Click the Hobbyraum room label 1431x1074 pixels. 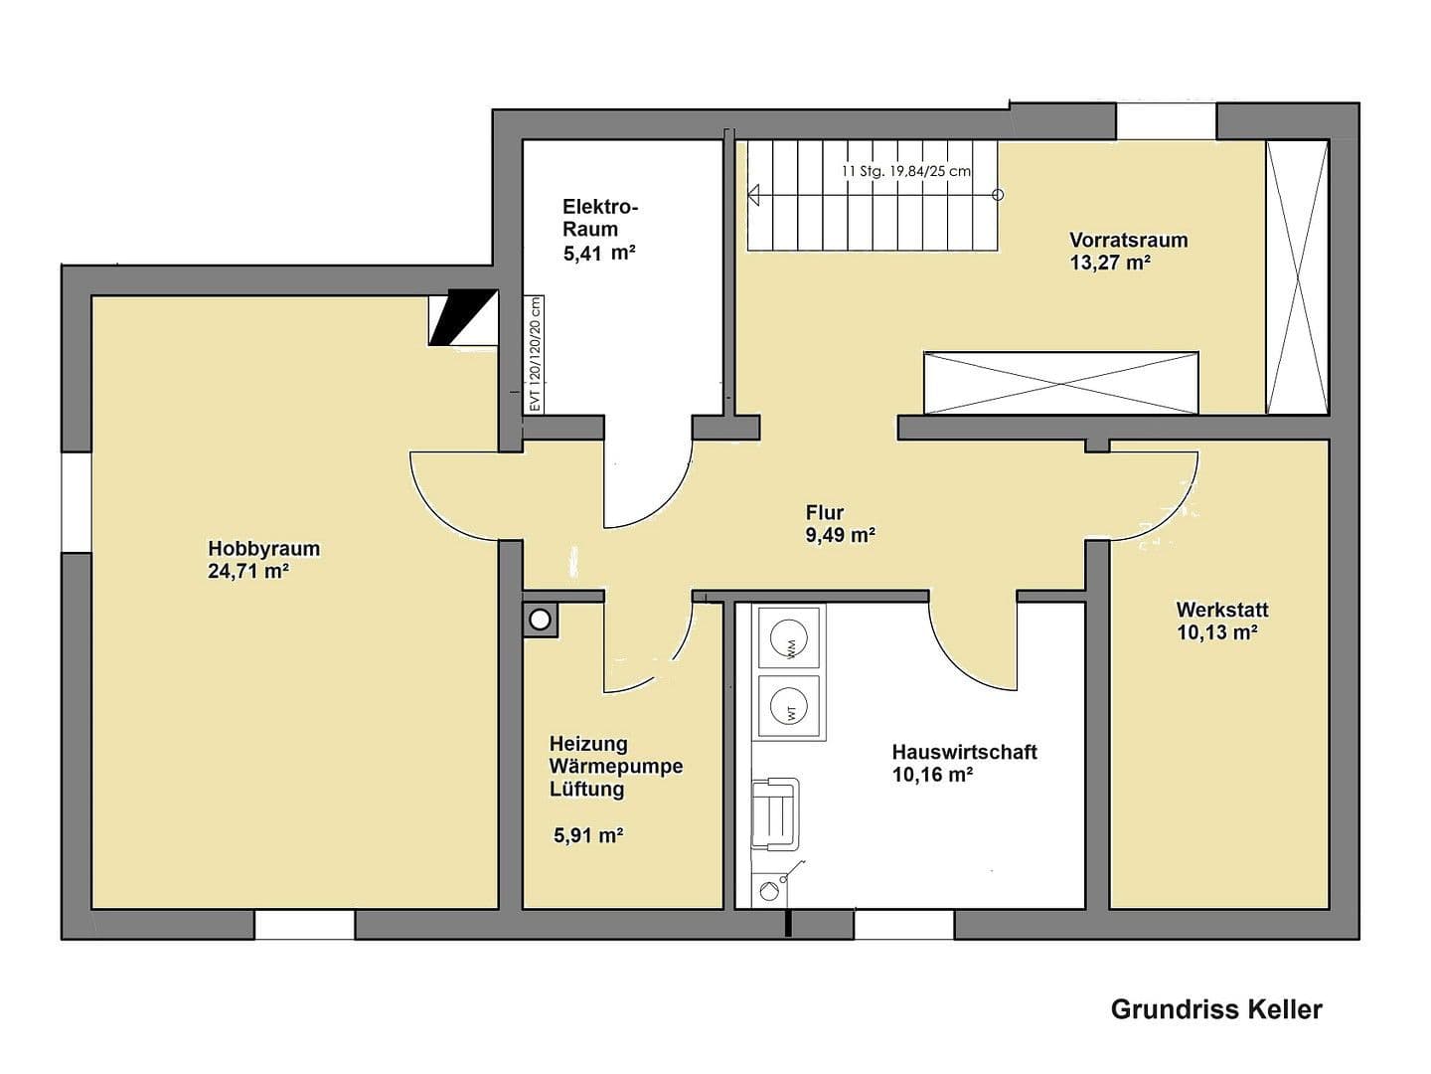(x=263, y=548)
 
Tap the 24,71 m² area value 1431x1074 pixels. (x=248, y=572)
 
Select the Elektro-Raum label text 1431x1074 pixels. (x=599, y=218)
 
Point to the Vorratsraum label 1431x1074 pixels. (x=1128, y=240)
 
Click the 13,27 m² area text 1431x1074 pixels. (x=1110, y=264)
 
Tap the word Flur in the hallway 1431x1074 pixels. (x=824, y=513)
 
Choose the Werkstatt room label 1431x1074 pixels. (x=1221, y=610)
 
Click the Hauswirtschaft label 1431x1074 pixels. (x=964, y=752)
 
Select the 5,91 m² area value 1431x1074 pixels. (x=588, y=835)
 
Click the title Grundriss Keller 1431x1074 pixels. (x=1215, y=1009)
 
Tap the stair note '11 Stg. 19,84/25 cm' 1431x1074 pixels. (x=905, y=171)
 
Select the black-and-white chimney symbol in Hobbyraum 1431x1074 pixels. (x=462, y=317)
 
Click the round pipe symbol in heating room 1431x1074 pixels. (x=540, y=620)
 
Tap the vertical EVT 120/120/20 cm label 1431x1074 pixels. (x=535, y=354)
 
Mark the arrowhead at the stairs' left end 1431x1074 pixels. (x=754, y=195)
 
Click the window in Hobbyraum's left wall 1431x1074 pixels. (x=76, y=502)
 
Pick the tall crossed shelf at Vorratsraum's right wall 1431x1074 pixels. (x=1297, y=277)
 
